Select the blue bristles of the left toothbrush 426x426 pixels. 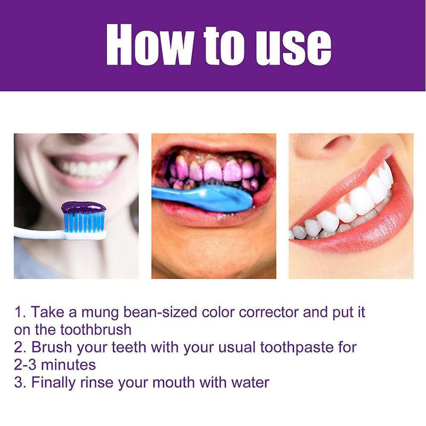pyautogui.click(x=84, y=222)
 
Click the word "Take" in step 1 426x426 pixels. pyautogui.click(x=45, y=312)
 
